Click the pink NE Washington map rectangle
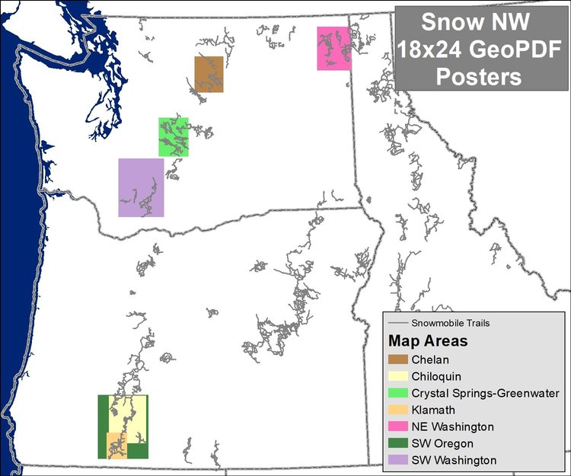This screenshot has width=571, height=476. click(x=333, y=48)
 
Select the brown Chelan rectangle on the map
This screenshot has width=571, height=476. click(x=209, y=74)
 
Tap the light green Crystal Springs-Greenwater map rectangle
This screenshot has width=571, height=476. click(x=174, y=136)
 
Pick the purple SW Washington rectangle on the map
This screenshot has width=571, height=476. click(x=141, y=187)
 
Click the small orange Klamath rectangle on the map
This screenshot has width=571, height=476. click(x=116, y=445)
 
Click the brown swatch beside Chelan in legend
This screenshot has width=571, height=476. click(x=398, y=359)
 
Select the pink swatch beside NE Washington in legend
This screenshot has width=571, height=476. click(x=398, y=426)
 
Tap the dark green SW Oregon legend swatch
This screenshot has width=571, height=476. click(x=398, y=443)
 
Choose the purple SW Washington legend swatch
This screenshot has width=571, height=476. click(x=398, y=460)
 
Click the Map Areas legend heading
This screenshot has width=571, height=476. click(x=428, y=340)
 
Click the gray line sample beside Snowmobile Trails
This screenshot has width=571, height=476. click(x=397, y=323)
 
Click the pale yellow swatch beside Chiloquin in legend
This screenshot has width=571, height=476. click(x=398, y=376)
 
